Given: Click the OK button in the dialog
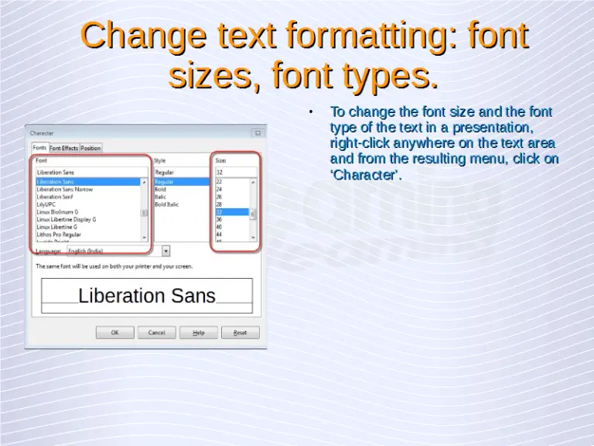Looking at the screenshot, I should [x=114, y=332].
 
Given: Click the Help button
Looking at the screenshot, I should [x=199, y=332].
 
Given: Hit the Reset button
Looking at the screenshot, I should [x=240, y=332].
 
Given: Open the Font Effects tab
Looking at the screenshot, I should [x=64, y=148].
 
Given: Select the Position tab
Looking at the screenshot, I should [x=91, y=148].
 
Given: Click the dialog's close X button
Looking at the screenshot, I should [x=258, y=133].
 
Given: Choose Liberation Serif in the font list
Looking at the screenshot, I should [x=55, y=197].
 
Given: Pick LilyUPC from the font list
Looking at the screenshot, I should [x=47, y=204].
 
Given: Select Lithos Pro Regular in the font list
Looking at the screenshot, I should [x=59, y=234].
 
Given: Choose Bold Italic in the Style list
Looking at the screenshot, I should [x=166, y=204].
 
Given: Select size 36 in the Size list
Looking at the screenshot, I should [x=219, y=219].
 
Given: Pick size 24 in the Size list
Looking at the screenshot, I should [x=219, y=189].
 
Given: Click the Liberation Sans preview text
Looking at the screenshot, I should [x=147, y=295].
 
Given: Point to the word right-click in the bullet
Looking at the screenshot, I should [x=360, y=142].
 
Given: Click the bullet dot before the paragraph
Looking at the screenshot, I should [x=309, y=113].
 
